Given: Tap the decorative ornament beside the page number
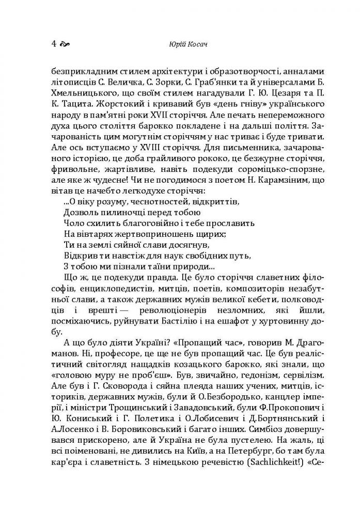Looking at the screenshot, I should tap(66, 44).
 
